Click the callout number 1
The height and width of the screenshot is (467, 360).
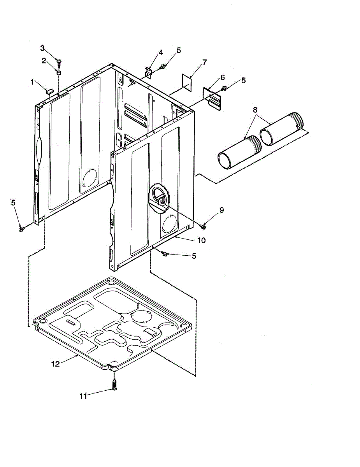(32, 82)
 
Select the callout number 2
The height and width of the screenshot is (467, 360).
(44, 60)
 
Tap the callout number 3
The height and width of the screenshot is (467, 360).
(42, 48)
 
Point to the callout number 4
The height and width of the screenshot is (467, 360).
(160, 53)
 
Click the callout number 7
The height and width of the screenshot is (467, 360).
(204, 62)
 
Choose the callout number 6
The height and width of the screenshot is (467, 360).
(222, 77)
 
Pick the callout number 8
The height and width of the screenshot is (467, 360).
(255, 110)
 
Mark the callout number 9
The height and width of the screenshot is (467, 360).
(221, 210)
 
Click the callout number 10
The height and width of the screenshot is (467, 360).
(201, 241)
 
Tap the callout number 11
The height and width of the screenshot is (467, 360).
(83, 396)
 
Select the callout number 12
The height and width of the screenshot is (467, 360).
(56, 364)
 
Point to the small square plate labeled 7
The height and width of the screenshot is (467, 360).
(188, 83)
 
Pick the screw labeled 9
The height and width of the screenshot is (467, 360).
(203, 225)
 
